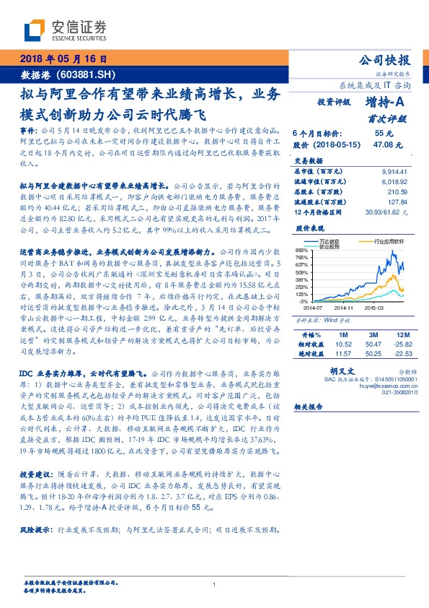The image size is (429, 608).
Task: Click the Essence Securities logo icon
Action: coord(34,30)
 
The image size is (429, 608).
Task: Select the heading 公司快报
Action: coord(389,60)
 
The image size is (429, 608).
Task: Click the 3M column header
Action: coord(373,335)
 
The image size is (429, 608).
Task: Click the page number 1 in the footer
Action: coord(214,584)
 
